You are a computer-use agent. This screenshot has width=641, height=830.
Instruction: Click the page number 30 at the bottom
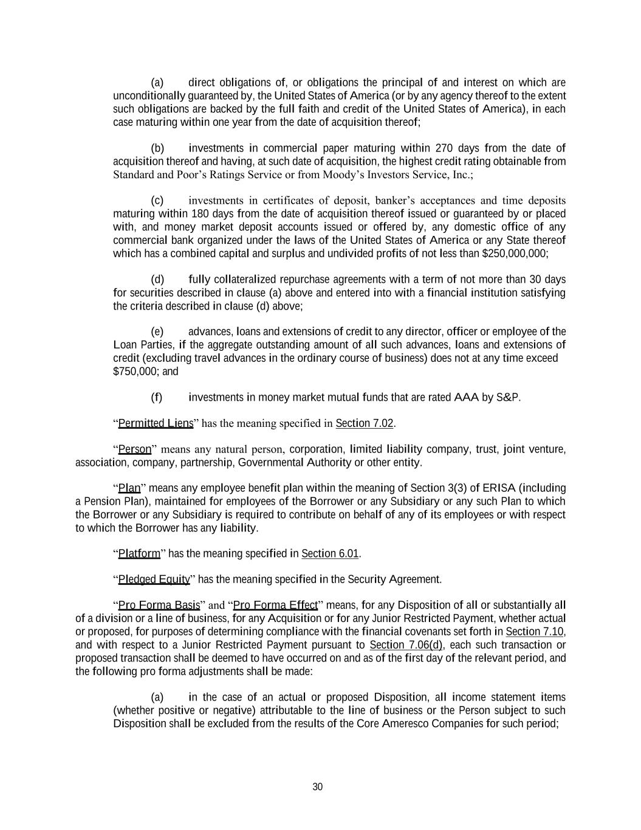pos(318,787)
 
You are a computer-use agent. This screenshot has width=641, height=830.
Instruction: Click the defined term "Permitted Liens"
pos(156,423)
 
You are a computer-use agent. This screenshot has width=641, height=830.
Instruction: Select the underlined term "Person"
pos(134,449)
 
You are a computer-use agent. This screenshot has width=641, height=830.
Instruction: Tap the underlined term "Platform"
pos(139,553)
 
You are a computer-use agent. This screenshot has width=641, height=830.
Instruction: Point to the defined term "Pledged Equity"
pos(154,579)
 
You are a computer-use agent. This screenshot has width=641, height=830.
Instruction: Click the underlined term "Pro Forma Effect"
pos(275,605)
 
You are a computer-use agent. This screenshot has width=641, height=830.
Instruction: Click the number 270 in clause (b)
pos(445,148)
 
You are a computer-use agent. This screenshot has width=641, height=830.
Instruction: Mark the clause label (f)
pos(157,398)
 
